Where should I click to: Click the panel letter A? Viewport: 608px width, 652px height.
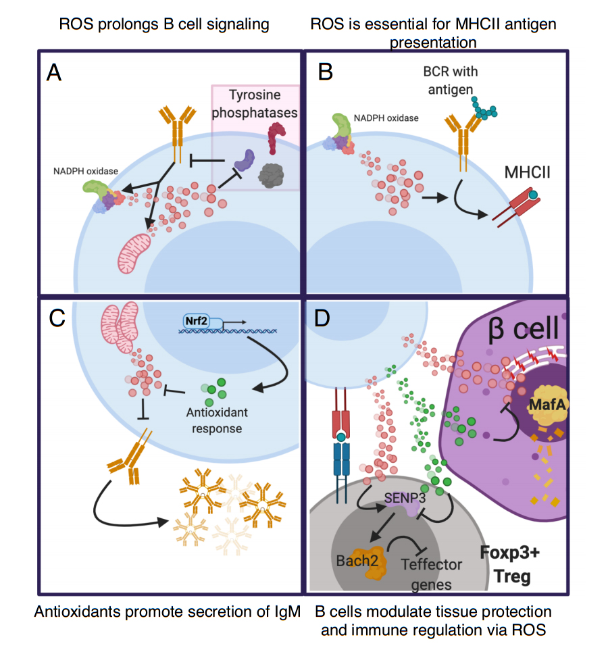tap(54, 72)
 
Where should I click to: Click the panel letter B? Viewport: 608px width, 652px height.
tap(325, 72)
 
